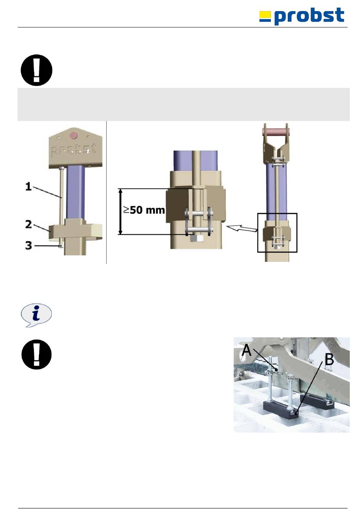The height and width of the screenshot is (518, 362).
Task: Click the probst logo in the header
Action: point(301,16)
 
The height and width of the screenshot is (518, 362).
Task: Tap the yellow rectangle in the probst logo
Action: point(265,15)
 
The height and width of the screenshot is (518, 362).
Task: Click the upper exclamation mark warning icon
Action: point(37,70)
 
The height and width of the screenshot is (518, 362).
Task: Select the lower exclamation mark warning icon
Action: point(37,354)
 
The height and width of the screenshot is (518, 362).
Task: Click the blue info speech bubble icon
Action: point(36,315)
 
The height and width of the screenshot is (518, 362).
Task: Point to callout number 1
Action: point(28,187)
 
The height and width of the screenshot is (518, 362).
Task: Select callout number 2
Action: point(29,224)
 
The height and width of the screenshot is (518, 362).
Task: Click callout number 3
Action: point(29,245)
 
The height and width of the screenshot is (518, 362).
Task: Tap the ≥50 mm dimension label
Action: point(144,210)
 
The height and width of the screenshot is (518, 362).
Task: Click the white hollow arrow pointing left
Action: point(242,228)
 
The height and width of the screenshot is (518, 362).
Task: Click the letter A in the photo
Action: point(247,350)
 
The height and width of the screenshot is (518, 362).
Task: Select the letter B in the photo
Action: point(329,360)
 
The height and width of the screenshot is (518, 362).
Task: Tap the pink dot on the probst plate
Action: point(74,135)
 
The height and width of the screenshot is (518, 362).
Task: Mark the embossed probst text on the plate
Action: point(74,150)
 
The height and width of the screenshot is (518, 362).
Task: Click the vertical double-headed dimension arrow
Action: point(120,212)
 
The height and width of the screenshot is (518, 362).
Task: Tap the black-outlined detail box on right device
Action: point(277,233)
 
